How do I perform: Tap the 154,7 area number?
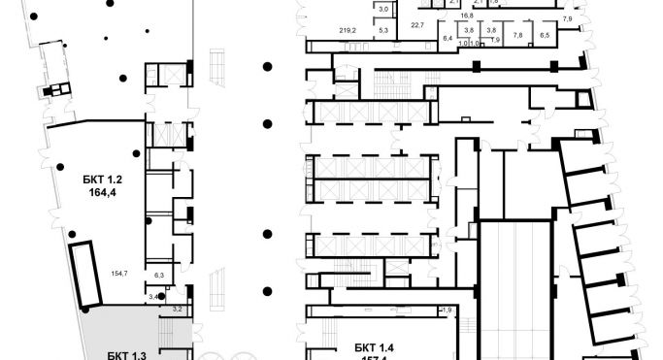pyautogui.click(x=120, y=275)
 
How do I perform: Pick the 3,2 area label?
pyautogui.click(x=178, y=308)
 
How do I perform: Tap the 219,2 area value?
pyautogui.click(x=348, y=30)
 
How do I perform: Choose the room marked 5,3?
pyautogui.click(x=382, y=31)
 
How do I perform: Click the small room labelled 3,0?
pyautogui.click(x=382, y=9)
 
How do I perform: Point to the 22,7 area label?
pyautogui.click(x=418, y=24)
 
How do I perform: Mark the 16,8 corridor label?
pyautogui.click(x=467, y=16)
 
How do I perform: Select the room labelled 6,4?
pyautogui.click(x=448, y=37)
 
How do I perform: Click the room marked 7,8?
pyautogui.click(x=517, y=35)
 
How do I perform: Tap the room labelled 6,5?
pyautogui.click(x=544, y=35)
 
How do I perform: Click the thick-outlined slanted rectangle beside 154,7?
pyautogui.click(x=87, y=273)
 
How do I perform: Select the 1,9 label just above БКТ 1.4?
pyautogui.click(x=447, y=310)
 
